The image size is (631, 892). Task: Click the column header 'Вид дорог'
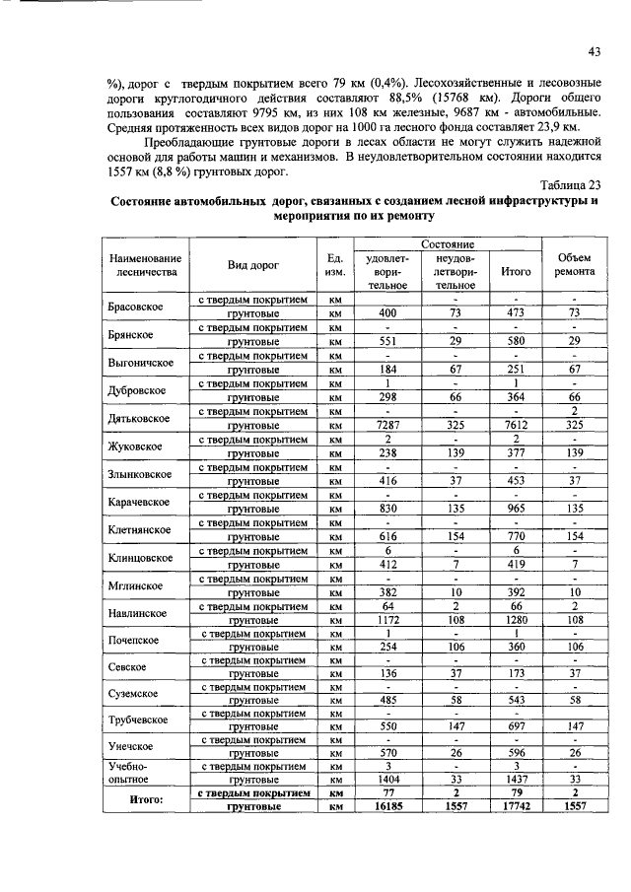click(252, 265)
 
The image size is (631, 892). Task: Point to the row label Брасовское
click(142, 306)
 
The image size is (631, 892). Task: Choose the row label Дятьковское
click(142, 418)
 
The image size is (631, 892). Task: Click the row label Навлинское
click(142, 612)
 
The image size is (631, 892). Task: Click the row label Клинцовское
click(142, 557)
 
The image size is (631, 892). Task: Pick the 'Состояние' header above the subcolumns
click(449, 242)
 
